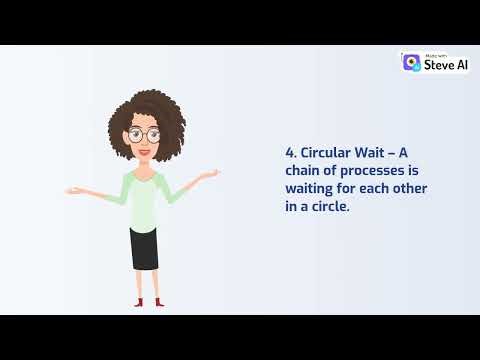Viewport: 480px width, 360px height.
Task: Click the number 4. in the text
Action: [291, 153]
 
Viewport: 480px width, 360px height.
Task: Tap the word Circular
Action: [325, 153]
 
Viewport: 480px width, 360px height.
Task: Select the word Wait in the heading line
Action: [377, 153]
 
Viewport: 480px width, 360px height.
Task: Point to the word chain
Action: [304, 171]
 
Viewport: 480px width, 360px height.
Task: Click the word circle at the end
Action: [334, 207]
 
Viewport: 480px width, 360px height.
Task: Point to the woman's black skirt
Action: [144, 247]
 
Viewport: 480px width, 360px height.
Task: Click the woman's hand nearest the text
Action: [210, 174]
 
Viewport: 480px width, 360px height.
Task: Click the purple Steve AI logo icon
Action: [411, 62]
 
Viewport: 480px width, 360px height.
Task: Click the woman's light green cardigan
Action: [143, 195]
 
